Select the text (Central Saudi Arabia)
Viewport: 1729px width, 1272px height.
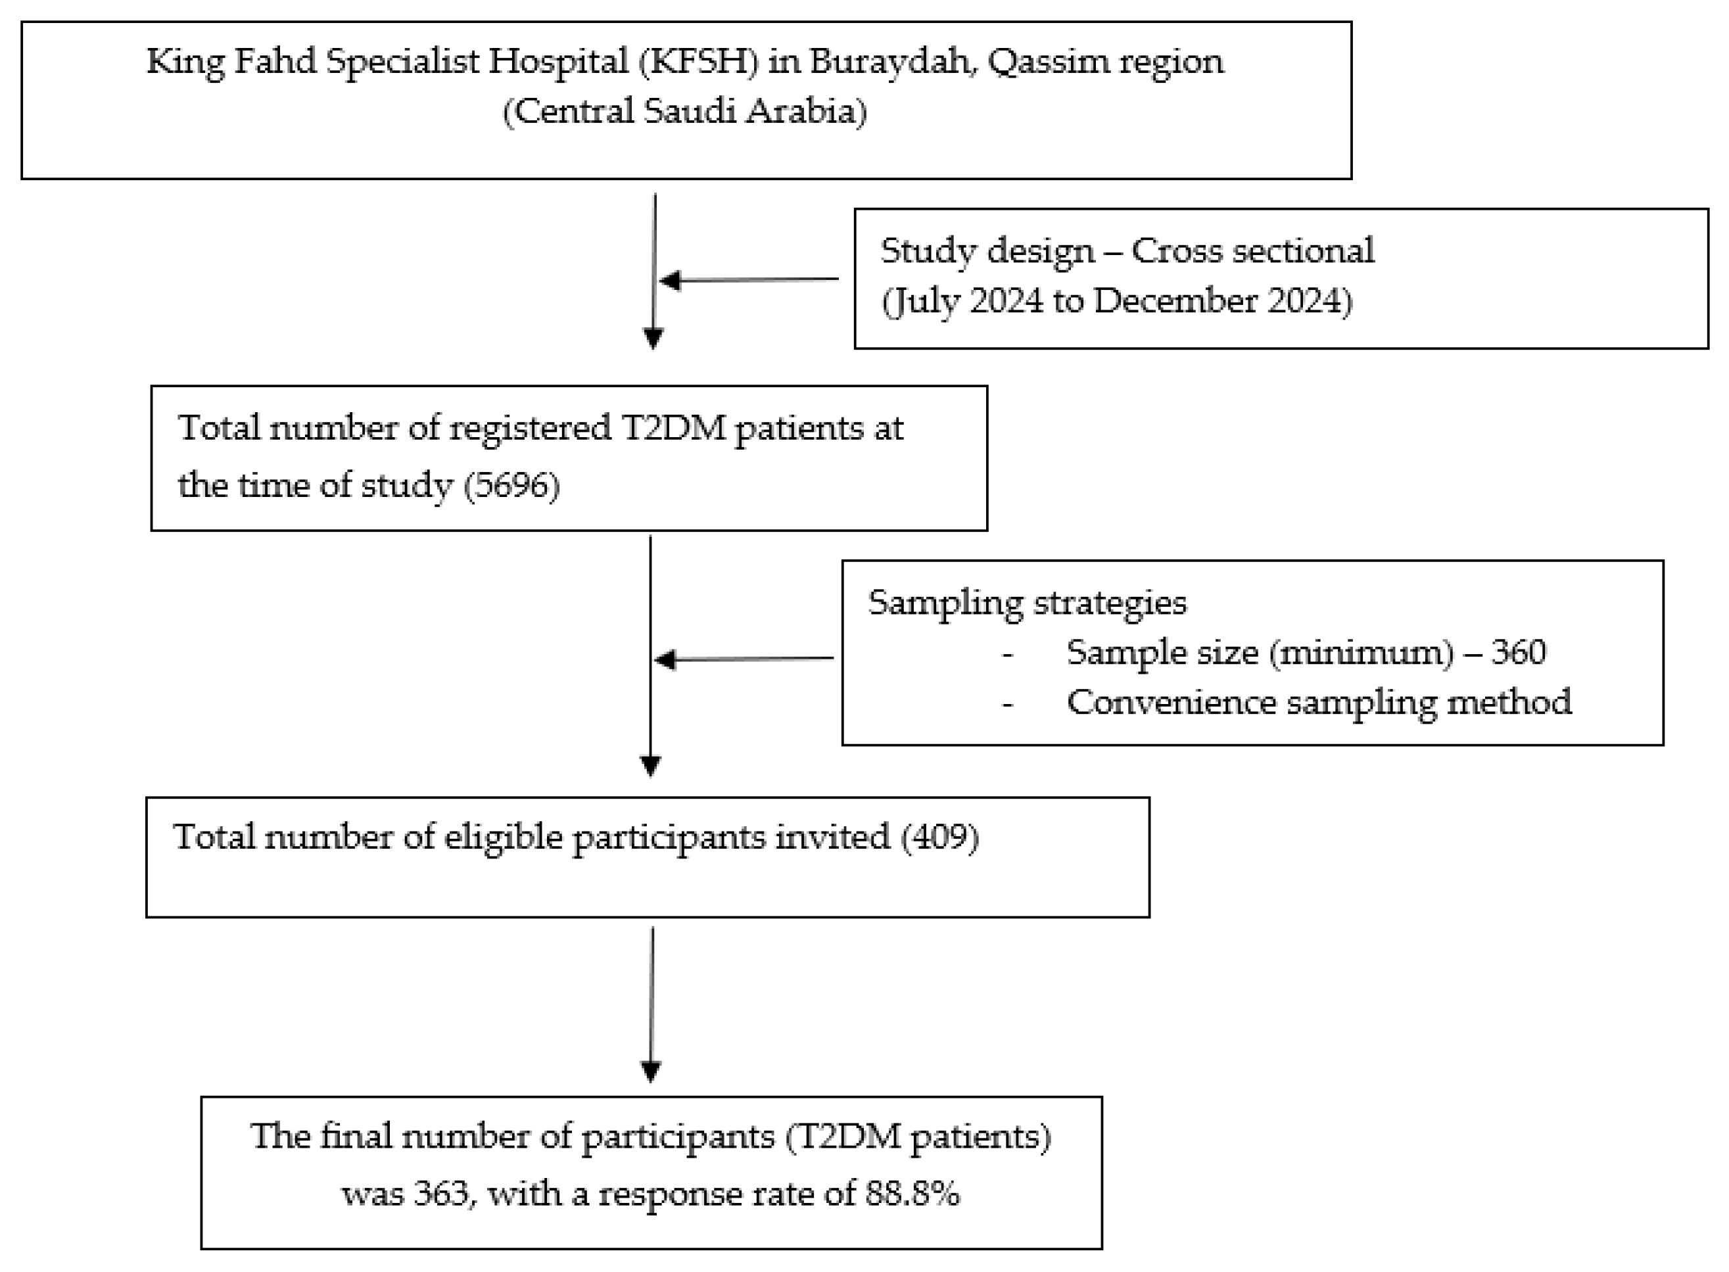pyautogui.click(x=684, y=111)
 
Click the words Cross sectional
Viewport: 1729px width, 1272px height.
pyautogui.click(x=1252, y=251)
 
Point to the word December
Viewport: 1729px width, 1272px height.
pyautogui.click(x=1175, y=301)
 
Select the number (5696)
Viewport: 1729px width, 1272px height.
pyautogui.click(x=511, y=485)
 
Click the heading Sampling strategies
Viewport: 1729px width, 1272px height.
pyautogui.click(x=1027, y=603)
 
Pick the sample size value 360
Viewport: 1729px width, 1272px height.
pyautogui.click(x=1518, y=653)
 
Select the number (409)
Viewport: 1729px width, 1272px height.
pyautogui.click(x=940, y=837)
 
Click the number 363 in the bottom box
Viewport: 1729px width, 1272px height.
pyautogui.click(x=442, y=1194)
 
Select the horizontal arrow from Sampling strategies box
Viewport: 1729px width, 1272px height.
pyautogui.click(x=744, y=659)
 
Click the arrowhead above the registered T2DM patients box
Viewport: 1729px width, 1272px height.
pyautogui.click(x=653, y=338)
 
